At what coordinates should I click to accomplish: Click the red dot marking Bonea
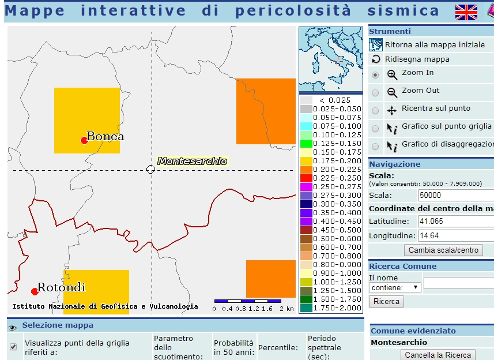[84, 140]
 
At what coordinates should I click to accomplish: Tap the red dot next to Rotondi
[35, 291]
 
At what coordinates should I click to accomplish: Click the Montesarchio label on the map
[192, 161]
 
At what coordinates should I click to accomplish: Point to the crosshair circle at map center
[150, 169]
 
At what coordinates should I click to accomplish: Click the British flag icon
[466, 12]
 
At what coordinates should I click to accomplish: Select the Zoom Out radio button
[375, 93]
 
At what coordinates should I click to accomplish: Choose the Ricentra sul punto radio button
[375, 111]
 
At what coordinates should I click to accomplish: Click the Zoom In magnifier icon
[392, 74]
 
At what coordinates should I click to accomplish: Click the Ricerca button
[386, 302]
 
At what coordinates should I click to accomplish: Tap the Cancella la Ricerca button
[438, 355]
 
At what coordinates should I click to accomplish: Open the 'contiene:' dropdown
[395, 287]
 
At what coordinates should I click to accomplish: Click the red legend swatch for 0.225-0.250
[306, 178]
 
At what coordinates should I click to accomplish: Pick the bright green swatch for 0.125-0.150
[306, 144]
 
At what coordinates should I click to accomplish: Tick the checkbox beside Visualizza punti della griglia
[13, 347]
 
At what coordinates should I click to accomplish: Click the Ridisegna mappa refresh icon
[376, 59]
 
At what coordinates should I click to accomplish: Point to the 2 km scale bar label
[286, 309]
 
